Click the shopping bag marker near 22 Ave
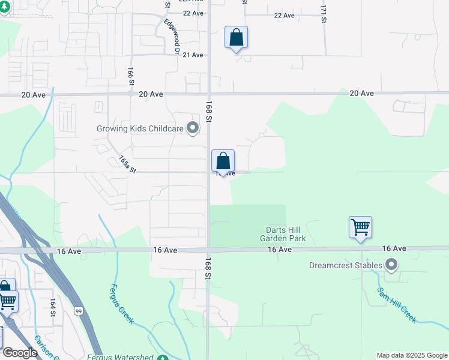coord(237,38)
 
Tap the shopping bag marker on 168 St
coord(223,161)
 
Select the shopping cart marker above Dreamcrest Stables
coord(360,228)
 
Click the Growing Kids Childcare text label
coord(140,128)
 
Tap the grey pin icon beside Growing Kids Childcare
coord(193,128)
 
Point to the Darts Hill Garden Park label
coord(283,234)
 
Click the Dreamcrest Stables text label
coord(346,265)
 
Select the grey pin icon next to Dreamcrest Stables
coord(392,265)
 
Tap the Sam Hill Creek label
coord(396,305)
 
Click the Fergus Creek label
coord(122,304)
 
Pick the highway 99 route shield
coord(79,310)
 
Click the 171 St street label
coord(324,14)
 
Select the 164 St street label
coord(53,307)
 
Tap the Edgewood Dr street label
coord(172,37)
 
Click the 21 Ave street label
coord(193,55)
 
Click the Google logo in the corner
coord(20,353)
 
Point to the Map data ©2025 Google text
coord(412,355)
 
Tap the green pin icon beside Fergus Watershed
coord(163,358)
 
